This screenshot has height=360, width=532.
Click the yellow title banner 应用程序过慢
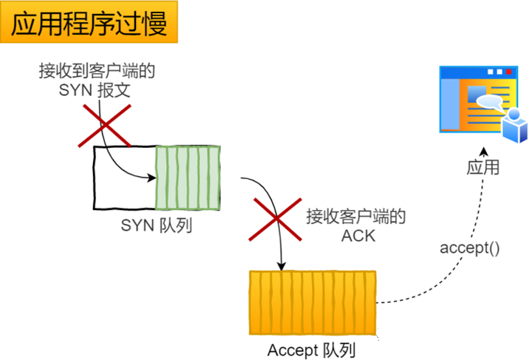(x=89, y=22)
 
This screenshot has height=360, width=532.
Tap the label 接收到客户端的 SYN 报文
(x=97, y=81)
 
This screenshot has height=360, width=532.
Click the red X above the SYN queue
(x=104, y=126)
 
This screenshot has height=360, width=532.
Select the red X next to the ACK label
(x=275, y=220)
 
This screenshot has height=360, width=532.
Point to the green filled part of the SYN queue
(x=188, y=178)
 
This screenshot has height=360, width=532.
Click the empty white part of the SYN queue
(x=125, y=178)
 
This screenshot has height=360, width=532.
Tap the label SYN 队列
(x=157, y=225)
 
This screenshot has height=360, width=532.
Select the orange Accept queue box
(x=313, y=302)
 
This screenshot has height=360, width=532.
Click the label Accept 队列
(x=311, y=350)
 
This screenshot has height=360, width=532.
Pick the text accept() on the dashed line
(x=470, y=248)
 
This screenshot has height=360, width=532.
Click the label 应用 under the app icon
(x=482, y=167)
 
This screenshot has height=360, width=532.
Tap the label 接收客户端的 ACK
(x=356, y=226)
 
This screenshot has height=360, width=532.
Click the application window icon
(x=483, y=103)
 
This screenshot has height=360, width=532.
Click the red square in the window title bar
(x=508, y=72)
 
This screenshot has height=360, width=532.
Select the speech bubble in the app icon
(x=489, y=102)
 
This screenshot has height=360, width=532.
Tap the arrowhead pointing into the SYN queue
(x=151, y=177)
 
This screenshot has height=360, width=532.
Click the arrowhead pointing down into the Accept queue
(x=282, y=266)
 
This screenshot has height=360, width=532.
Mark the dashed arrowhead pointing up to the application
(x=484, y=152)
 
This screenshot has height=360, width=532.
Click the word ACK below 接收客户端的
(x=358, y=236)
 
